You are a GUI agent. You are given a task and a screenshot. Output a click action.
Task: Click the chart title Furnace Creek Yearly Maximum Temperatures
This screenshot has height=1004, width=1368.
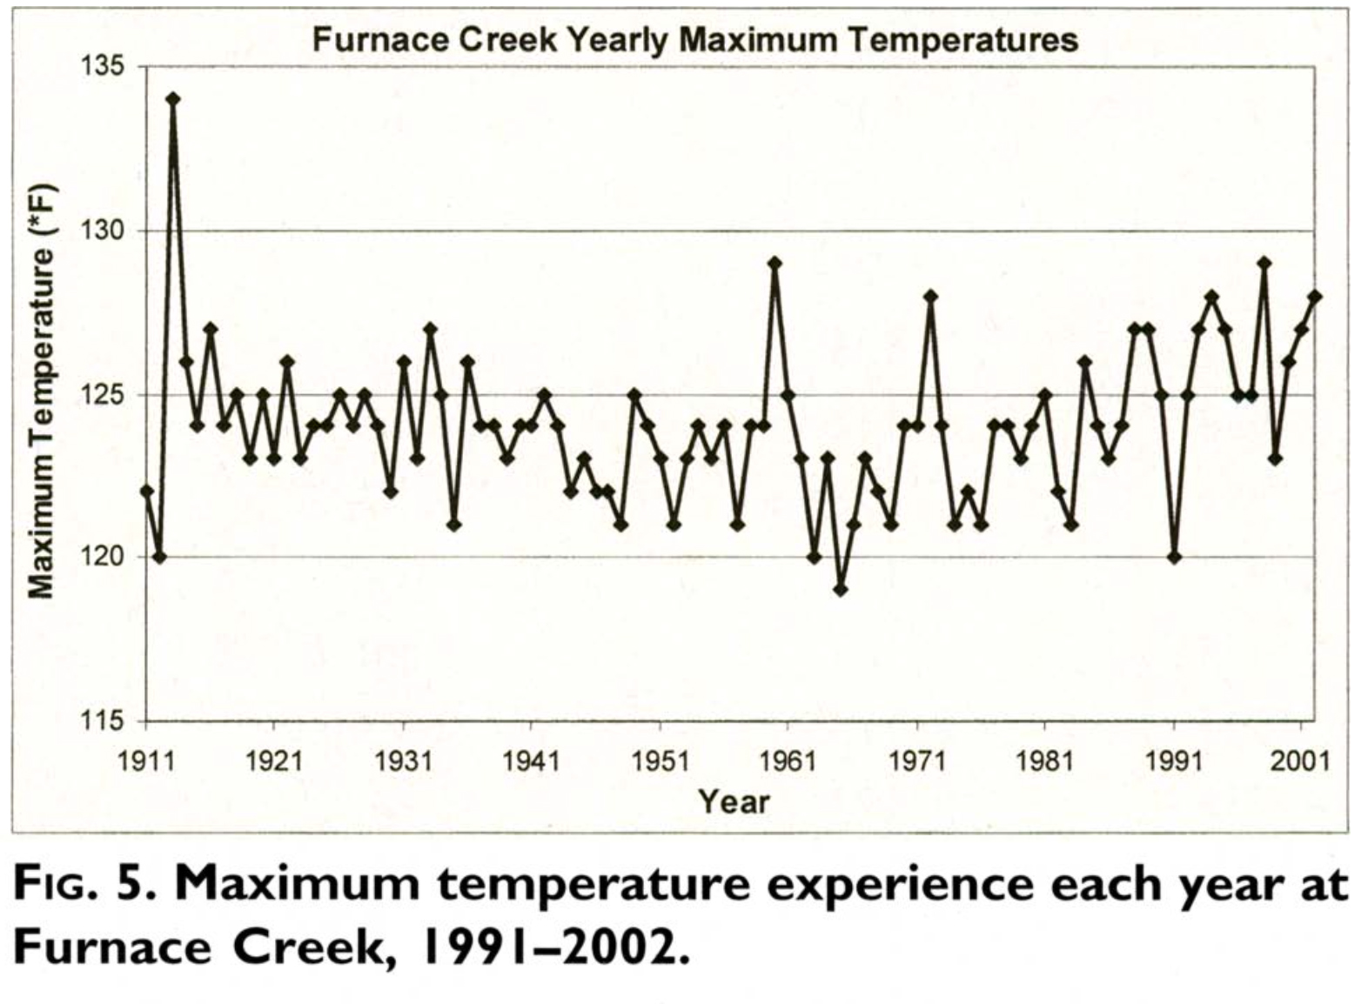(694, 40)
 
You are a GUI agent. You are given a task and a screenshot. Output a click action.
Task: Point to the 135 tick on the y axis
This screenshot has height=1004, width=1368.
(104, 67)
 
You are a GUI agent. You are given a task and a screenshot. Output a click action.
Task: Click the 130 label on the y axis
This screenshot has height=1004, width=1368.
(104, 231)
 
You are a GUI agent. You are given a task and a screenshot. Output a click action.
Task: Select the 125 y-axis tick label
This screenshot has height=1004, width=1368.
(104, 394)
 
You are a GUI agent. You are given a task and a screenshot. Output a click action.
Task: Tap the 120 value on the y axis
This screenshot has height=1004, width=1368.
(104, 557)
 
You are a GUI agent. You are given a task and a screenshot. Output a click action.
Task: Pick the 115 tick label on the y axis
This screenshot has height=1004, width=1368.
(104, 720)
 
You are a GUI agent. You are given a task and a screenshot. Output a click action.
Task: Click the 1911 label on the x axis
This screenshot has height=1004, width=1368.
(145, 760)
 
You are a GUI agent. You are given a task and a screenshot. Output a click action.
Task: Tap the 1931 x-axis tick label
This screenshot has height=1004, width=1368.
(403, 760)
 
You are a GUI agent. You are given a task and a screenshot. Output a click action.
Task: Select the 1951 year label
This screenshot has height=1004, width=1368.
(660, 760)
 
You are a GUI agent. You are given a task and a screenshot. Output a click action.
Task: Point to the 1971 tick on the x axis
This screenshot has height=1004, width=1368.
(916, 760)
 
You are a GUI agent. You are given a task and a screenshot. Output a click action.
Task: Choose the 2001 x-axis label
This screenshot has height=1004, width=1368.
(1300, 760)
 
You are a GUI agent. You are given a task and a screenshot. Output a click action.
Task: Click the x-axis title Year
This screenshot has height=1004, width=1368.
(734, 801)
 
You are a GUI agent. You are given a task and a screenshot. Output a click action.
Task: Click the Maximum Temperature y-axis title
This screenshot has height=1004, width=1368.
(42, 392)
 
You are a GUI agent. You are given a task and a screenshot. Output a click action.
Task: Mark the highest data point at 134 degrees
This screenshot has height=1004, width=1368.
(172, 99)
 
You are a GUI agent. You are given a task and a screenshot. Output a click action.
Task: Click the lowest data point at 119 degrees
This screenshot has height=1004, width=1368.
(840, 590)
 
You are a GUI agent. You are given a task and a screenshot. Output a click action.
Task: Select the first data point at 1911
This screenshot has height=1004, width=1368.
(146, 492)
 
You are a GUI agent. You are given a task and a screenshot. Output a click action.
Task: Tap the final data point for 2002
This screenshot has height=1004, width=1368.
(1314, 297)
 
